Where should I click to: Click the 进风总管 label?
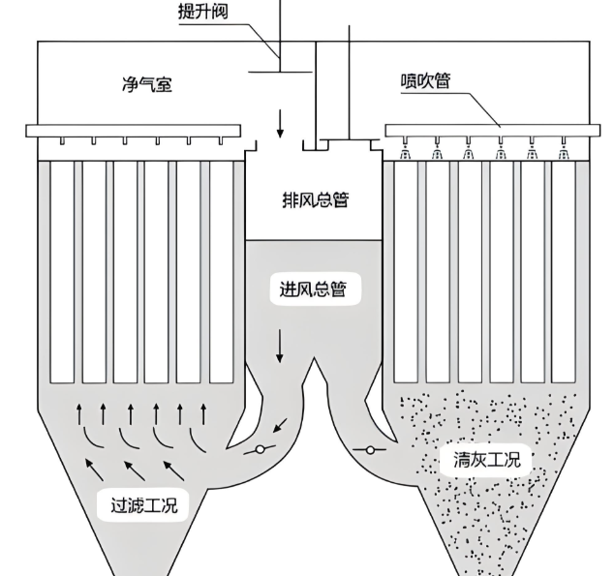tap(313, 288)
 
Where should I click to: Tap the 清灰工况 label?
tap(486, 459)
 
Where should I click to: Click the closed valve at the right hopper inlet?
tap(371, 449)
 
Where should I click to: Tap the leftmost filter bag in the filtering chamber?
tap(62, 270)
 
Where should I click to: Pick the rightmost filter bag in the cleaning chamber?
tap(563, 270)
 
